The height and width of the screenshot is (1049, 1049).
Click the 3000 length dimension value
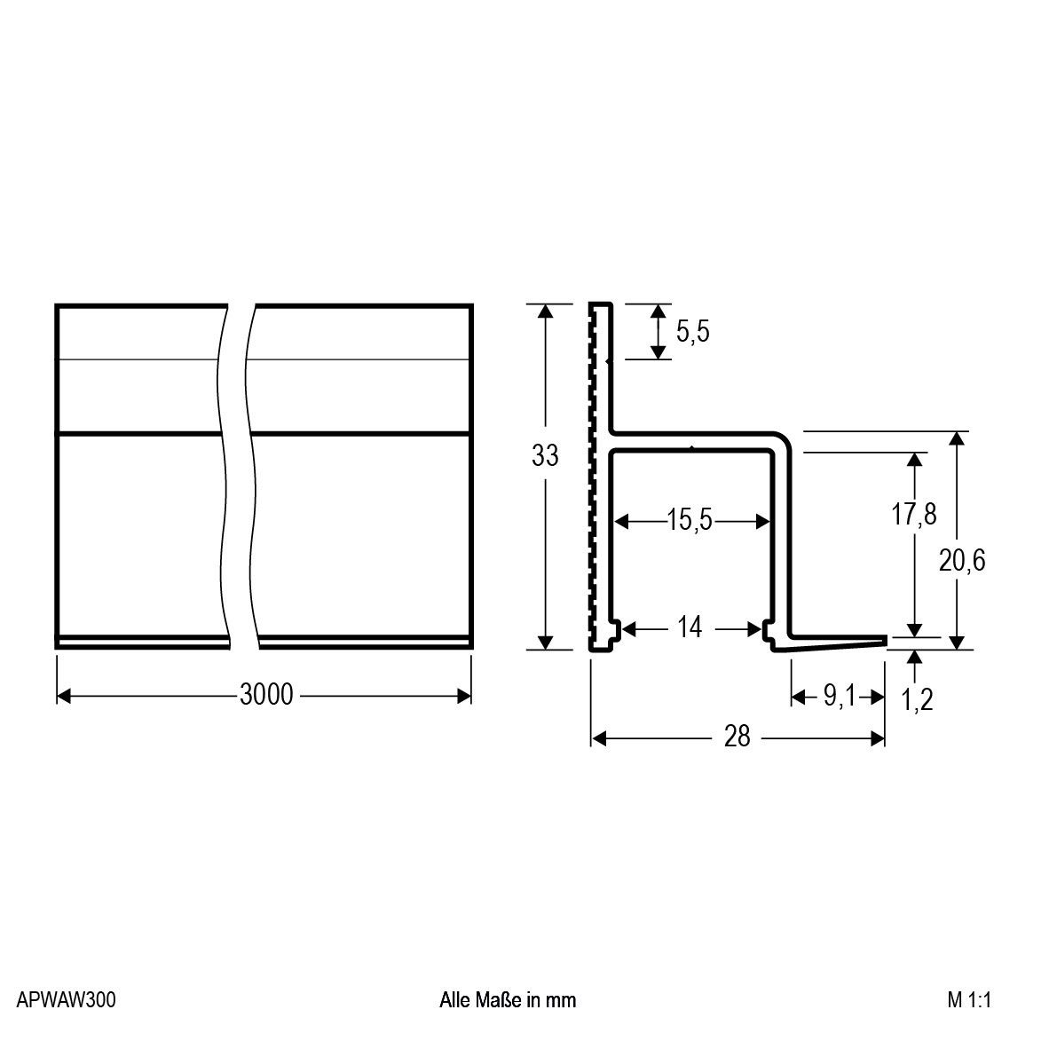coord(266,694)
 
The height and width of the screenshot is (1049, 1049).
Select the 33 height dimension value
coord(545,455)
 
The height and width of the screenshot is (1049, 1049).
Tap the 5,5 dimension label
coord(692,332)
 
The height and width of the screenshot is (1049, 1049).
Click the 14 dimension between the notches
coord(689,628)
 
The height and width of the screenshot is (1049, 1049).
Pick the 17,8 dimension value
coord(913,514)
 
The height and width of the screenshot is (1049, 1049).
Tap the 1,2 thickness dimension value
coord(917,700)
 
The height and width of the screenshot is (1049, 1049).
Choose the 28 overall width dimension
coord(737,737)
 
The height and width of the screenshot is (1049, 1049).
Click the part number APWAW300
coord(66,1000)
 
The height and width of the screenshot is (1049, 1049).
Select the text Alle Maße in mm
coord(508,1000)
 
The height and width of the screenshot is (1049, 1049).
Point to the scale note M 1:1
coord(968,1000)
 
